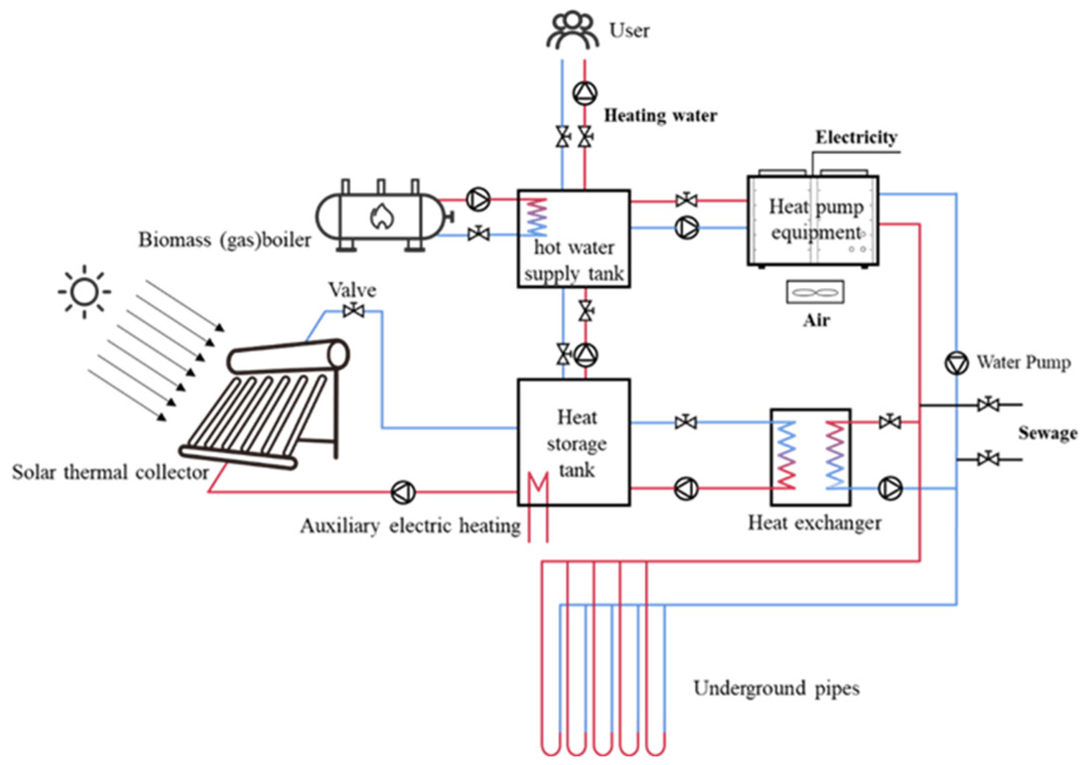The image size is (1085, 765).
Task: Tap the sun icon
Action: [84, 291]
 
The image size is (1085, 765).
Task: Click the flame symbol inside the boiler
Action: [382, 216]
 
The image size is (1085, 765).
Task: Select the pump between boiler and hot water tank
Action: [478, 199]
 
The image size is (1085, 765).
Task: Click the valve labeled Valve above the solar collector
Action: [354, 311]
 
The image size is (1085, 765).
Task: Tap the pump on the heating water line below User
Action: [585, 93]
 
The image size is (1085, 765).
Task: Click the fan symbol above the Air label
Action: [815, 292]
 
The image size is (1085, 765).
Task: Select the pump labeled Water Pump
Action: [956, 363]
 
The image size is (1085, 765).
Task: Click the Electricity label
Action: [857, 137]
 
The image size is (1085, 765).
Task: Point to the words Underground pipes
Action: [776, 688]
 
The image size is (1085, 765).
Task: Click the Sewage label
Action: [1048, 433]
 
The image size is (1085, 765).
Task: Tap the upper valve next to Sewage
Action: [988, 404]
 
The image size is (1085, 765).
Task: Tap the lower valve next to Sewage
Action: [988, 459]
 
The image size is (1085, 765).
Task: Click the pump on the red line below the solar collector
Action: [403, 492]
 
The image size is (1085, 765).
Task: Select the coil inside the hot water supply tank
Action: [536, 217]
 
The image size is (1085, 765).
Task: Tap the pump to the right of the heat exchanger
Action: [890, 488]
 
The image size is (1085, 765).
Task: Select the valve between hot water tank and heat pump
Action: [686, 200]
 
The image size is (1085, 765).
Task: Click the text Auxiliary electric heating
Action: [410, 526]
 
